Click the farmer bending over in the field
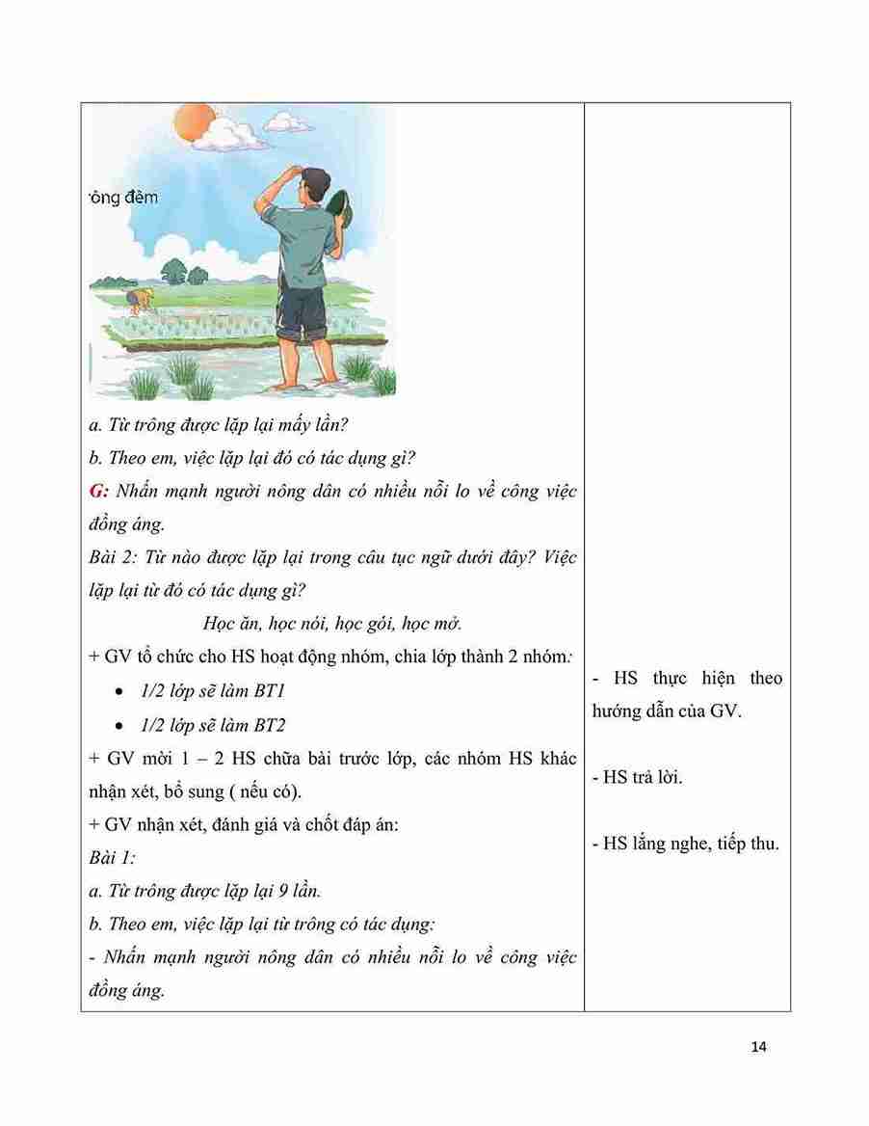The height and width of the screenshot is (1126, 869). click(x=139, y=300)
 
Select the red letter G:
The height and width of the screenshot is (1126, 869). click(x=96, y=492)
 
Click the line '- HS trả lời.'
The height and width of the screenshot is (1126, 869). click(x=638, y=778)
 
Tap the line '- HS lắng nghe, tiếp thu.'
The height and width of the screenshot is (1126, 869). click(x=685, y=844)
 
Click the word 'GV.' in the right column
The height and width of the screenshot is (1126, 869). click(x=723, y=714)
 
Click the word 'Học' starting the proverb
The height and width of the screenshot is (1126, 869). click(x=222, y=623)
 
